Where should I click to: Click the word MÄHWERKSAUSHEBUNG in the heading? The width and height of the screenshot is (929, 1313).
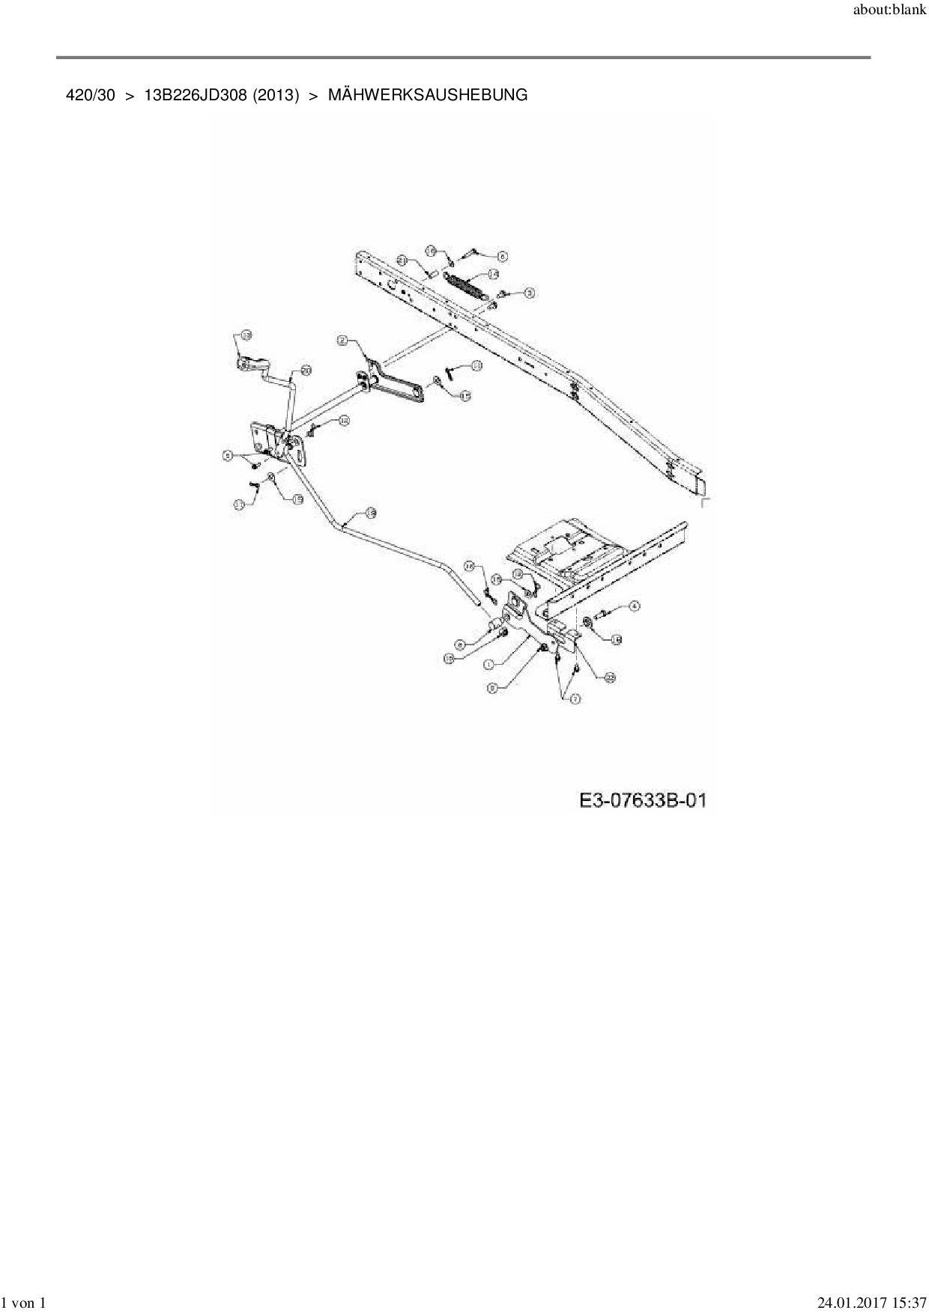tap(428, 95)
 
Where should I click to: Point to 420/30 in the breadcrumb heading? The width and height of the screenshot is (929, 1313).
tap(91, 95)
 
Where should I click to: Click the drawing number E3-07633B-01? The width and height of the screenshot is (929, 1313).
tap(643, 801)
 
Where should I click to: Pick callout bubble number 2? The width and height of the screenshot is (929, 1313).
tap(342, 341)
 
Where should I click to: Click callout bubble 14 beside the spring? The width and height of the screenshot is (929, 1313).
tap(493, 275)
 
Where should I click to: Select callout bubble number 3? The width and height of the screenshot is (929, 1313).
tap(529, 293)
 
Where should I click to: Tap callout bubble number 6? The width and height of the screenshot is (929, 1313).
tap(502, 256)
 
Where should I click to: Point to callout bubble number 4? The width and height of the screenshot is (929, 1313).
tap(634, 606)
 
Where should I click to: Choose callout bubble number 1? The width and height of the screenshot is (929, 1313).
tap(488, 664)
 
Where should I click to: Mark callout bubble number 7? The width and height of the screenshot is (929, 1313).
tap(575, 699)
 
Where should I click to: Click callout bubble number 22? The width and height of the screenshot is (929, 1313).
tap(610, 677)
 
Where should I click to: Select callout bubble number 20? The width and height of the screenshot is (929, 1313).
tap(306, 370)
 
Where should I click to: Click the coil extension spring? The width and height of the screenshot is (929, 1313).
tap(468, 287)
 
